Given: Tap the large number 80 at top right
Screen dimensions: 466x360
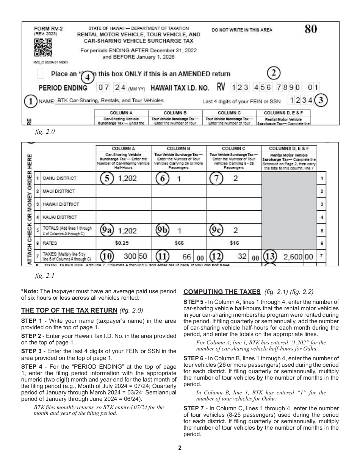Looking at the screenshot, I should click(311, 30).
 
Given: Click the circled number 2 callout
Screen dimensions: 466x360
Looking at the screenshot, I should click(274, 72).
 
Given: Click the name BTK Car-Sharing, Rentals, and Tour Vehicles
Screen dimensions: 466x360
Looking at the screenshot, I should click(110, 100).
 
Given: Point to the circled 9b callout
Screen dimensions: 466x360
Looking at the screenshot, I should click(163, 230).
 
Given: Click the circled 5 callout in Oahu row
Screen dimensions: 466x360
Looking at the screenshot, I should click(107, 178).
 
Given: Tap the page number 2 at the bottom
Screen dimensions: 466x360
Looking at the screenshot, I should click(180, 448).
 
